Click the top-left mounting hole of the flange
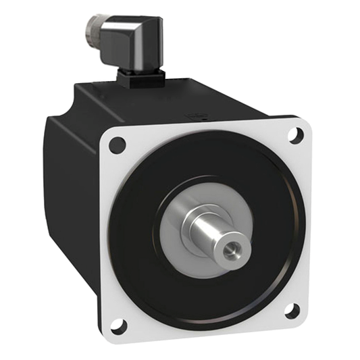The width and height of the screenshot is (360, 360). [x=117, y=143]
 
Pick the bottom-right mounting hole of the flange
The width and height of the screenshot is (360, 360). [x=292, y=311]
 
